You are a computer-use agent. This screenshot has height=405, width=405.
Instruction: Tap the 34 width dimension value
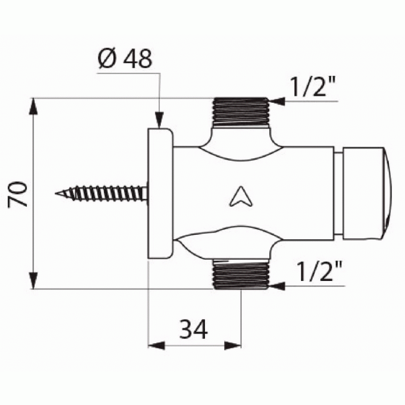click(194, 326)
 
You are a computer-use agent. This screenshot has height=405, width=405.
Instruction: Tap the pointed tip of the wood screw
click(57, 194)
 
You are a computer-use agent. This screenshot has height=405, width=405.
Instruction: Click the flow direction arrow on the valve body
click(240, 197)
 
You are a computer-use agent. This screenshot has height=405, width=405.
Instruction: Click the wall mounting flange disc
click(160, 193)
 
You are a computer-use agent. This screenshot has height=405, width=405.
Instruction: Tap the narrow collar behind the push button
click(339, 194)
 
